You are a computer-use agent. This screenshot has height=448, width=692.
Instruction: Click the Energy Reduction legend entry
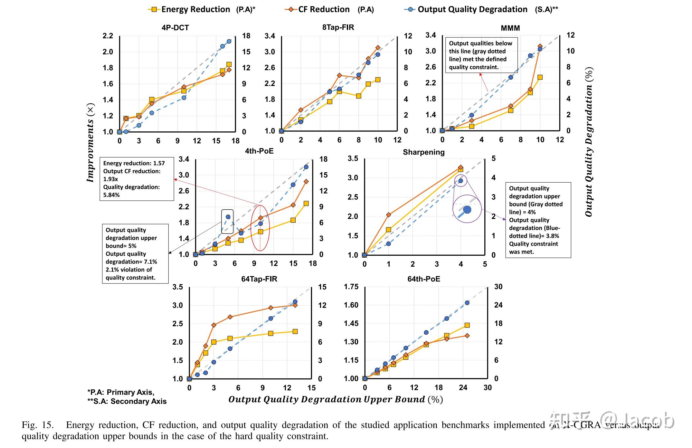[x=201, y=9]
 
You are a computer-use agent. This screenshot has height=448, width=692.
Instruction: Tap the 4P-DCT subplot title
[x=175, y=28]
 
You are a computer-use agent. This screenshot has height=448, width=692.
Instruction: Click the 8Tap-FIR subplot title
[x=338, y=27]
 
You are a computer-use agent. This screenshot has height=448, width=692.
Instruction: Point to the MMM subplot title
[x=510, y=28]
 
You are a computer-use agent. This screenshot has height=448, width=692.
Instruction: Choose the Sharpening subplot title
[x=423, y=152]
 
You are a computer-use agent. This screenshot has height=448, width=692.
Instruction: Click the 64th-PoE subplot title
[x=423, y=279]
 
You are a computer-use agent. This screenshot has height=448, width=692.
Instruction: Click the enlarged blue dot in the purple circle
[x=467, y=210]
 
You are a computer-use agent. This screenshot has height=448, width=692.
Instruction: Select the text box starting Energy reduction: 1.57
[x=137, y=179]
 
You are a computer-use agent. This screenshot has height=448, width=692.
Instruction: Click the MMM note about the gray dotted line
[x=481, y=55]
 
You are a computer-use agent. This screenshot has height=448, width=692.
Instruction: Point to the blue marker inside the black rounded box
[x=228, y=217]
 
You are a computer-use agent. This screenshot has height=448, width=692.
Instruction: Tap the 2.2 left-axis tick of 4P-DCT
[x=108, y=36]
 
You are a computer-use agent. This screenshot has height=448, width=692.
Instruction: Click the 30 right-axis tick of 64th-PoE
[x=498, y=287]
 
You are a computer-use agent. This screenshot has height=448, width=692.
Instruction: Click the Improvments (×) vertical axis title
[x=90, y=143]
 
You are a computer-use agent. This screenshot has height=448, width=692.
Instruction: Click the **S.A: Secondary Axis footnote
[x=127, y=401]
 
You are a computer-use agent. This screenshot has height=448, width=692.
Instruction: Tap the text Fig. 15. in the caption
[x=37, y=425]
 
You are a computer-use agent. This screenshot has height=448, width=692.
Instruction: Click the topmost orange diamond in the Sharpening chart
[x=460, y=167]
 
